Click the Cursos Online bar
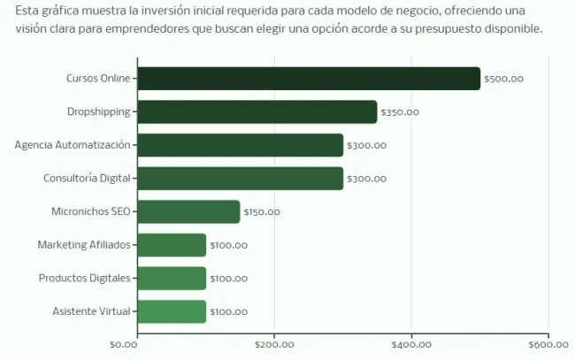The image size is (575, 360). coord(309,79)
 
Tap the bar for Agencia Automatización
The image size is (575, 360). coord(241,145)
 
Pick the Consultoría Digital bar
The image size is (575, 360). coord(241,178)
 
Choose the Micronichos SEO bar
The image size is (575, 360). coord(189,211)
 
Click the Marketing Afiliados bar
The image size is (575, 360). coord(172,245)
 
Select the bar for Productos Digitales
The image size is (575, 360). coord(172,278)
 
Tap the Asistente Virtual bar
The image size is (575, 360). coord(172,311)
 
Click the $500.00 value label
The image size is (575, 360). coord(504,79)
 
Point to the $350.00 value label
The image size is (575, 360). coord(400,112)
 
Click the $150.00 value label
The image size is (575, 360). coord(262,212)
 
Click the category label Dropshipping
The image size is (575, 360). coord(98,111)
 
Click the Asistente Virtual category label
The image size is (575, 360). coord(91,311)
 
